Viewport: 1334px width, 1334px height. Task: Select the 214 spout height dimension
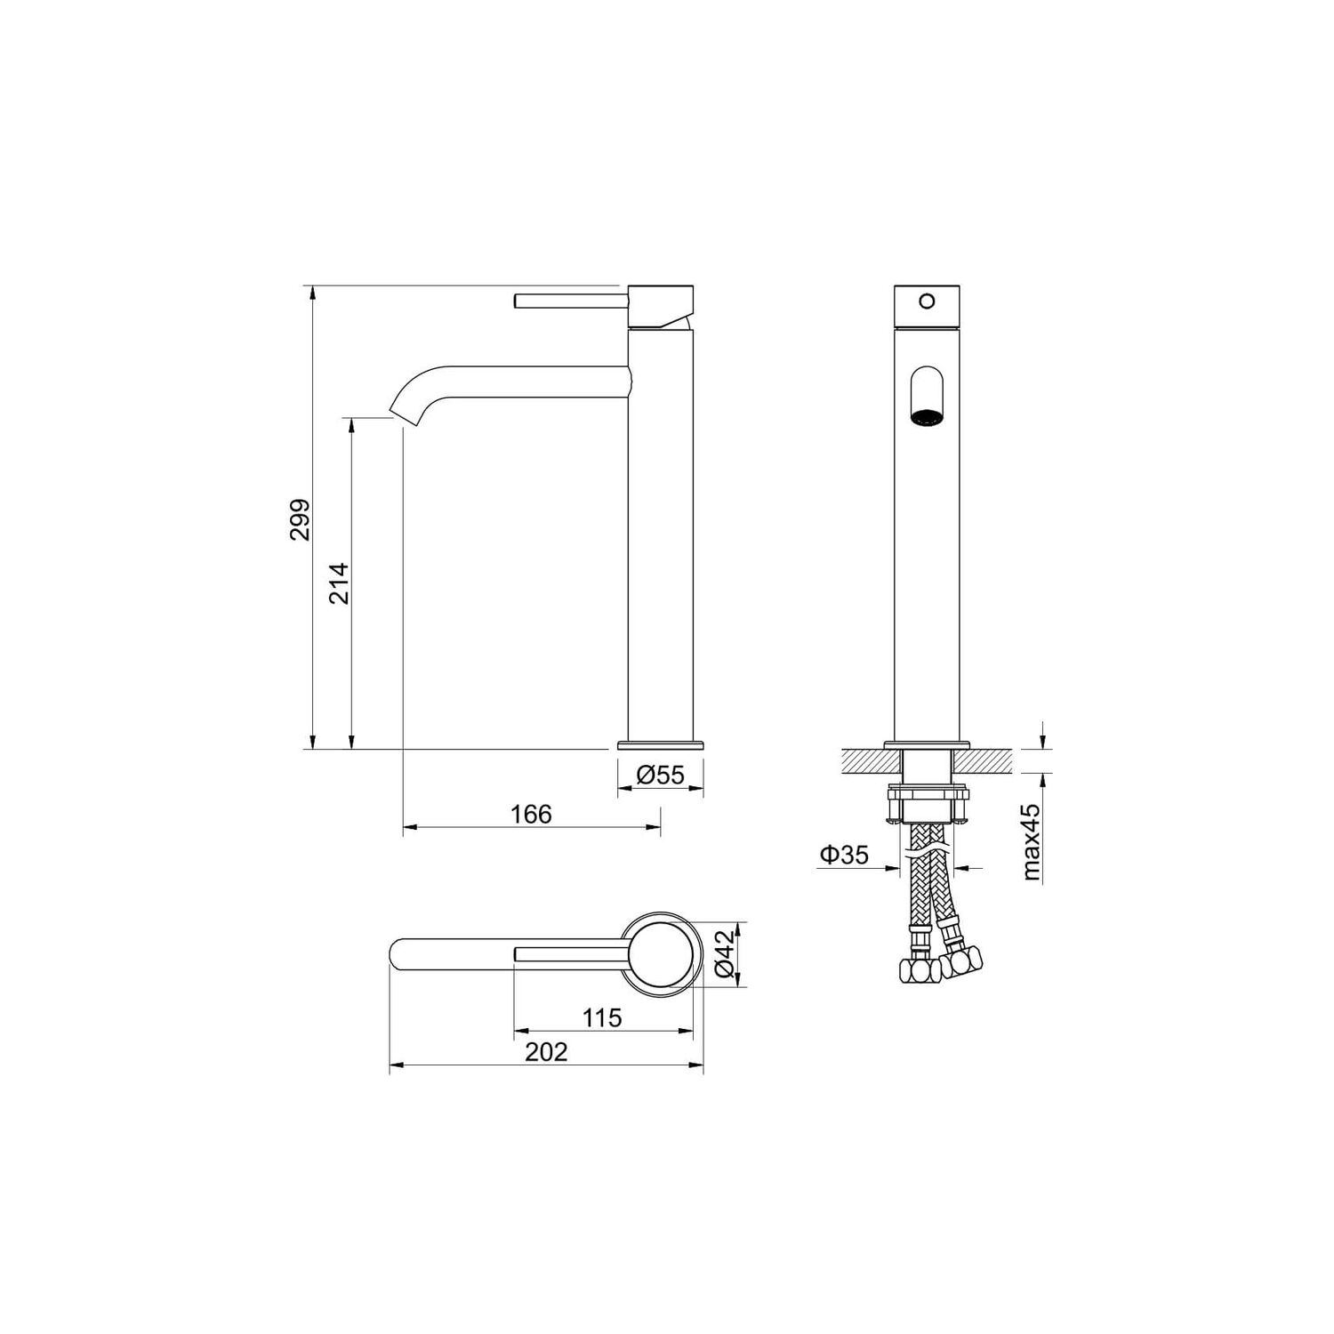(340, 583)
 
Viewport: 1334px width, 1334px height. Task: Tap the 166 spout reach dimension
(531, 814)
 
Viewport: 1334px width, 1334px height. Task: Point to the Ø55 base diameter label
(661, 775)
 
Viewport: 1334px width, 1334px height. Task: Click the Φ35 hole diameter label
(843, 855)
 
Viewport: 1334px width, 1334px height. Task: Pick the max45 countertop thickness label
(1031, 842)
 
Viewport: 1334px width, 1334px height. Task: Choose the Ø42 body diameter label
(725, 955)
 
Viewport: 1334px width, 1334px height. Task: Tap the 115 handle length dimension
(602, 1017)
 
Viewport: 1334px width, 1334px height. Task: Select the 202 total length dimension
(546, 1052)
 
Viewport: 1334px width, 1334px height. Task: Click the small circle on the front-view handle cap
(927, 301)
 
